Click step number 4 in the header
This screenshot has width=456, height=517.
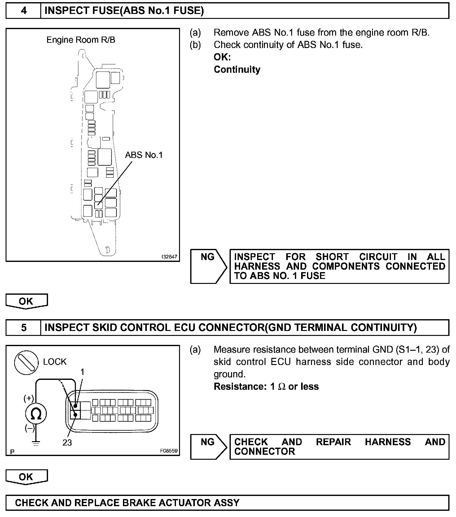(x=24, y=11)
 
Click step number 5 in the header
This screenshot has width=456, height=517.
(x=24, y=328)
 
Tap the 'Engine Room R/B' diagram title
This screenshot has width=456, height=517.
(x=81, y=40)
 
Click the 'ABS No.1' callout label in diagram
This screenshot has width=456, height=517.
(x=144, y=155)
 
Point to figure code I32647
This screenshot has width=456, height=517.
(x=169, y=257)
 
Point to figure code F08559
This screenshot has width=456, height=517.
(x=169, y=451)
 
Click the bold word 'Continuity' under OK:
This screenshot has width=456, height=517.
(x=237, y=69)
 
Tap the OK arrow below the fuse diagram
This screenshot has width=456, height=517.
(x=27, y=301)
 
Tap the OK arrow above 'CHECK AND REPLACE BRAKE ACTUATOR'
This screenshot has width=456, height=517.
(x=27, y=477)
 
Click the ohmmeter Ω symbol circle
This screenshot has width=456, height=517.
(x=36, y=414)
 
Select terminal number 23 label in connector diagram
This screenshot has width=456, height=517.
(x=67, y=443)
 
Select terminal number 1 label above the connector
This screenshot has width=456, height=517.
(x=82, y=372)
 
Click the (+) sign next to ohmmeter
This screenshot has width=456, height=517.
(x=29, y=398)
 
